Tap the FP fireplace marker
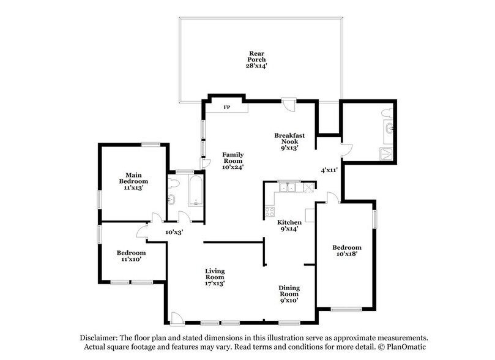(x=226, y=108)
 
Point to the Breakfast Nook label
(x=289, y=141)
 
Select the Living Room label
(x=215, y=275)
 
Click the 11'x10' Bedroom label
(x=132, y=257)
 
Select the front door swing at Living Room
(x=176, y=317)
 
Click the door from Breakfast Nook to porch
(x=292, y=105)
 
